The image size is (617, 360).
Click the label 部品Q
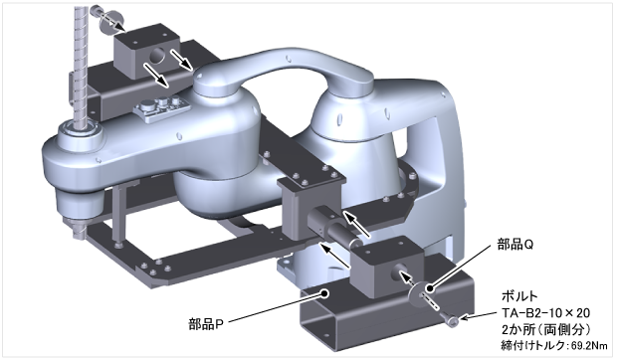pyautogui.click(x=515, y=245)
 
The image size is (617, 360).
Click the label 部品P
pyautogui.click(x=206, y=324)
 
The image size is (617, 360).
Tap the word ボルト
pyautogui.click(x=519, y=295)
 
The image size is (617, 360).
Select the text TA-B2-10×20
pyautogui.click(x=545, y=313)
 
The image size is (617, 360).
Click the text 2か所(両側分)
pyautogui.click(x=545, y=329)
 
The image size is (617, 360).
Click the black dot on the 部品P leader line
pyautogui.click(x=324, y=292)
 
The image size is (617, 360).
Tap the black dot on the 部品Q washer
pyautogui.click(x=430, y=288)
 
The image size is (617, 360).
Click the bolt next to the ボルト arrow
pyautogui.click(x=452, y=319)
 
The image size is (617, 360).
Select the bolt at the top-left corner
pyautogui.click(x=97, y=11)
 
